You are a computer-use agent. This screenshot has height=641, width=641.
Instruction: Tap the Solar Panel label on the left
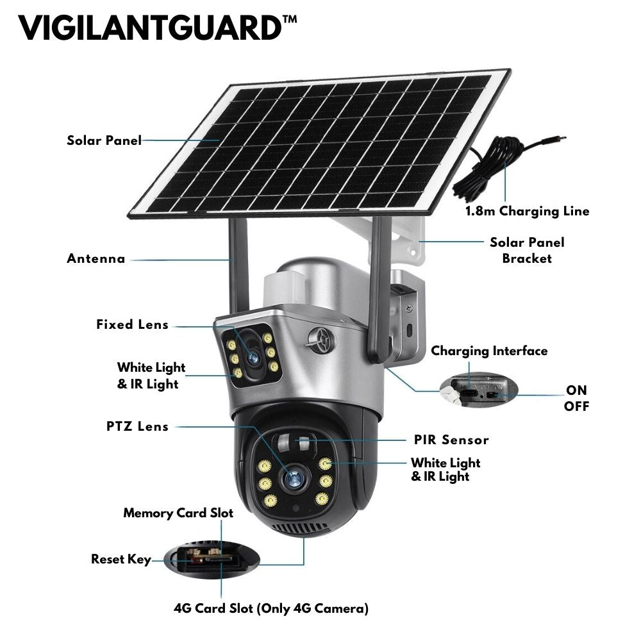(104, 140)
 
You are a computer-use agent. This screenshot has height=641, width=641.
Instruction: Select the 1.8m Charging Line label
(528, 211)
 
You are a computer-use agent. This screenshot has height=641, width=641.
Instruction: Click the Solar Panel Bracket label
(527, 250)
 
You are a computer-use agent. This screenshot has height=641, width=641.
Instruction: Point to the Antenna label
(96, 258)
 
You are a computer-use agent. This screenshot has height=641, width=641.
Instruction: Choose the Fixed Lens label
(133, 324)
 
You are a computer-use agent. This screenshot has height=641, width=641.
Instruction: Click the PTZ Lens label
(137, 426)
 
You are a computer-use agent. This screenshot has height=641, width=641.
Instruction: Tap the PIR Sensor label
(451, 440)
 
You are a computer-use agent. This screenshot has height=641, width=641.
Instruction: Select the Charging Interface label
(489, 351)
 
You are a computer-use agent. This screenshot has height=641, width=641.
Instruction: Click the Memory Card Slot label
(178, 513)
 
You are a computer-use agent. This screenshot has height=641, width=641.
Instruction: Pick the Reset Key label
(121, 559)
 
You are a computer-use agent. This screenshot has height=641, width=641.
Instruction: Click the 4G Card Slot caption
(271, 608)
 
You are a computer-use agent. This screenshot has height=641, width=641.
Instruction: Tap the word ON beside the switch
(576, 390)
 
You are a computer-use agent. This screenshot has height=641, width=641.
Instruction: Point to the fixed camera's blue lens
(253, 358)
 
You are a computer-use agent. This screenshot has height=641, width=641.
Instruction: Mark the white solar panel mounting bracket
(394, 241)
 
